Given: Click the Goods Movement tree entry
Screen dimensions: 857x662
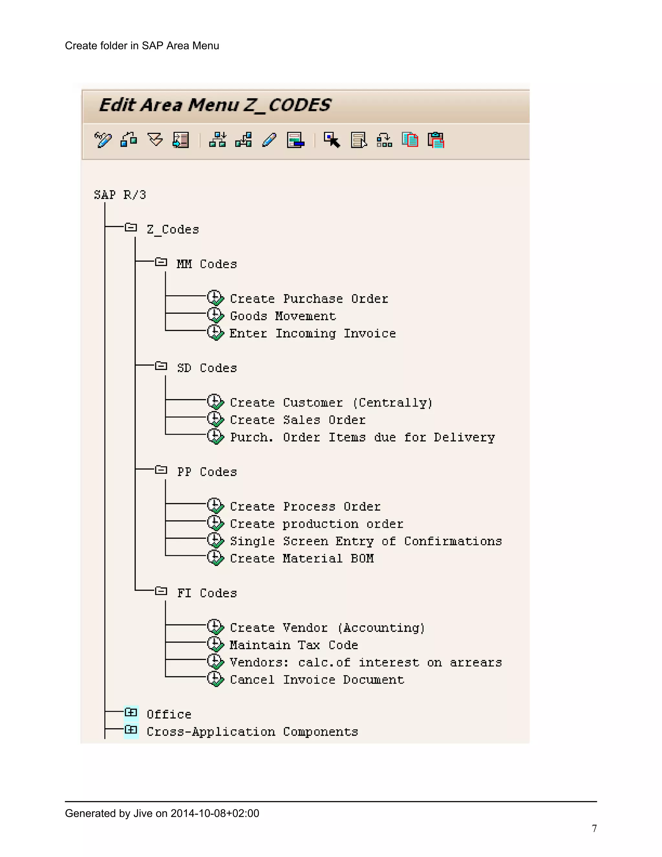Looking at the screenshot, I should [283, 316].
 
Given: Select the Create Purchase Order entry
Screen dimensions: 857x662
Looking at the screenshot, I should [309, 299].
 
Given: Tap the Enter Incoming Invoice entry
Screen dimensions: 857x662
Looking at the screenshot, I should [312, 333].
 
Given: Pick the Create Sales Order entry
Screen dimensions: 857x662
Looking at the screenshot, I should [297, 420].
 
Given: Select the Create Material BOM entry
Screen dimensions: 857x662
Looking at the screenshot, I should [302, 559].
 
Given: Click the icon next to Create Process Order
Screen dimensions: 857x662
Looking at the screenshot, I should [215, 505].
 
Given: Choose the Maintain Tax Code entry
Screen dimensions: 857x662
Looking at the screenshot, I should [294, 645].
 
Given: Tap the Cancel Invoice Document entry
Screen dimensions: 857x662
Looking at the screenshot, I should [316, 680].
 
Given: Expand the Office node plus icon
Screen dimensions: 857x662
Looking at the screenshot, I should [131, 712].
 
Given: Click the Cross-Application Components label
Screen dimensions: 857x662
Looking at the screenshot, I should [252, 732].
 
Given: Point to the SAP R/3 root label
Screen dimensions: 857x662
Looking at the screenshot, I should [120, 195].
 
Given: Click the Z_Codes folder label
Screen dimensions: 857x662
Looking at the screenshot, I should [173, 230].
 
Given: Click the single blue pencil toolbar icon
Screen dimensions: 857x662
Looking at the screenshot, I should [269, 140].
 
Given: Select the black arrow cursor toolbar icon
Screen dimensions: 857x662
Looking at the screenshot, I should [332, 140].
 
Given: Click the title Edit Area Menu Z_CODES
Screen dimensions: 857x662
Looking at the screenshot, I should [215, 105].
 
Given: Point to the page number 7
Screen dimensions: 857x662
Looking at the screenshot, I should [594, 828].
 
